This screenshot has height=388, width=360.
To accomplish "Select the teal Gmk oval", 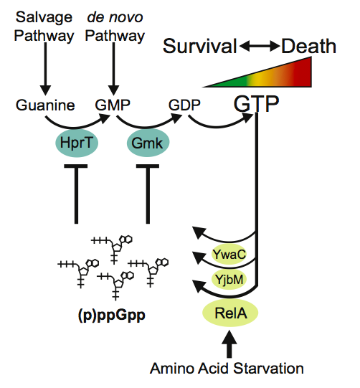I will [147, 143].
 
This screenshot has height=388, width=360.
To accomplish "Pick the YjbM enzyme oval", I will [229, 280].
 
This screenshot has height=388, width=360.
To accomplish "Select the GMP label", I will [111, 105].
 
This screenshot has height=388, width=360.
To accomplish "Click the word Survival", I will [199, 47].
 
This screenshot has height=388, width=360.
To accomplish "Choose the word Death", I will [308, 47].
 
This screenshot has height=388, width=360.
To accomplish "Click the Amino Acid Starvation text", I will [227, 369].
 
